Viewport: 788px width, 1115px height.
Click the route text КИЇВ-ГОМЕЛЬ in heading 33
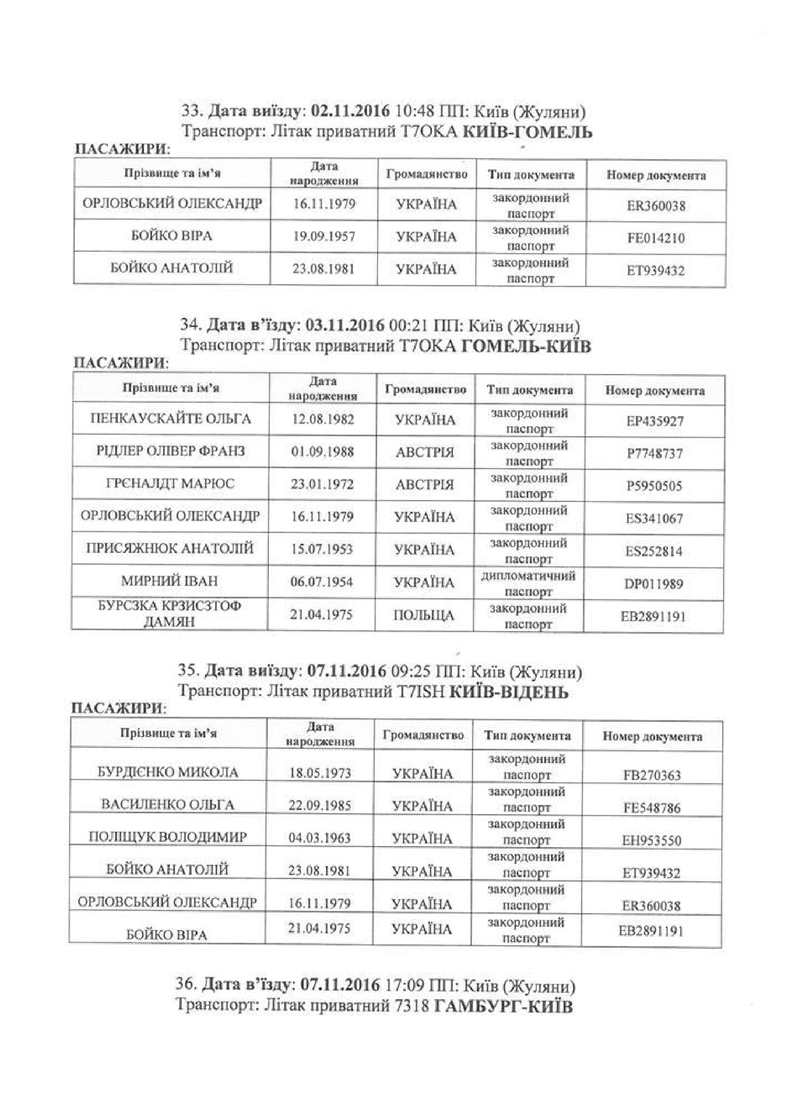527,132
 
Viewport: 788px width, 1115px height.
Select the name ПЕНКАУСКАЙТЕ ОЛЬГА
171,419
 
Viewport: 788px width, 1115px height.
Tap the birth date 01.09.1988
322,451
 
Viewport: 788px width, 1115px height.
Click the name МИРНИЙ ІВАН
169,581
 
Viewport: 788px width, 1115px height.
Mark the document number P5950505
654,486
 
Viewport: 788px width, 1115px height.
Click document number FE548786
652,808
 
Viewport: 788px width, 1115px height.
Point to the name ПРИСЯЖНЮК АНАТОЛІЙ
170,549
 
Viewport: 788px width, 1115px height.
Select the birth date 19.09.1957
324,236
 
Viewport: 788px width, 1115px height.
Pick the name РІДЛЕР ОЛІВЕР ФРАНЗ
170,451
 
